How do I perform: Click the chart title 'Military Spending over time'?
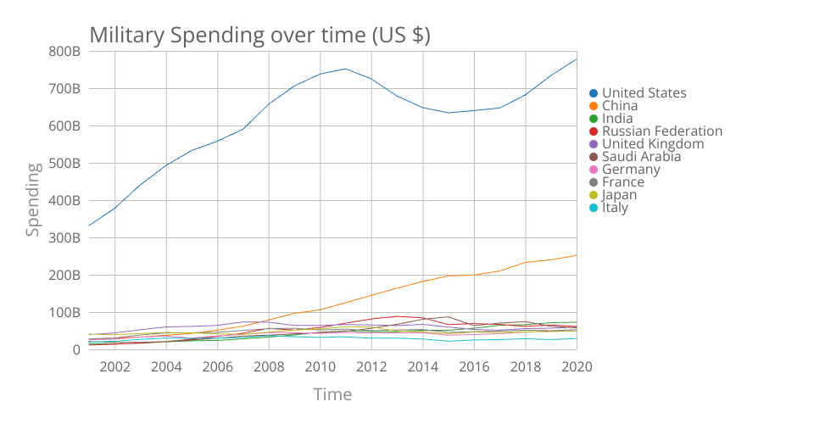[260, 36]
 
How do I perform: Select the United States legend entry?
[644, 93]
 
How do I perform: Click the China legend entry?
[620, 106]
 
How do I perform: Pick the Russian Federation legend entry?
[661, 131]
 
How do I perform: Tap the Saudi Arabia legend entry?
[641, 157]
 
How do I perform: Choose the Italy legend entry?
[615, 208]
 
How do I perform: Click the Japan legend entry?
[619, 195]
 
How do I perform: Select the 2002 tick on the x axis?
[114, 366]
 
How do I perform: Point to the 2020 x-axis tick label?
[577, 366]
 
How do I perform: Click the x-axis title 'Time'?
[332, 394]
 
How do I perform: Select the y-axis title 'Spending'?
[32, 200]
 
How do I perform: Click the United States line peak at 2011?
[345, 69]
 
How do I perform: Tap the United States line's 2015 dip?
[449, 113]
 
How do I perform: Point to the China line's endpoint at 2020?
[577, 255]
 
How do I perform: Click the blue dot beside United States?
[594, 93]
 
